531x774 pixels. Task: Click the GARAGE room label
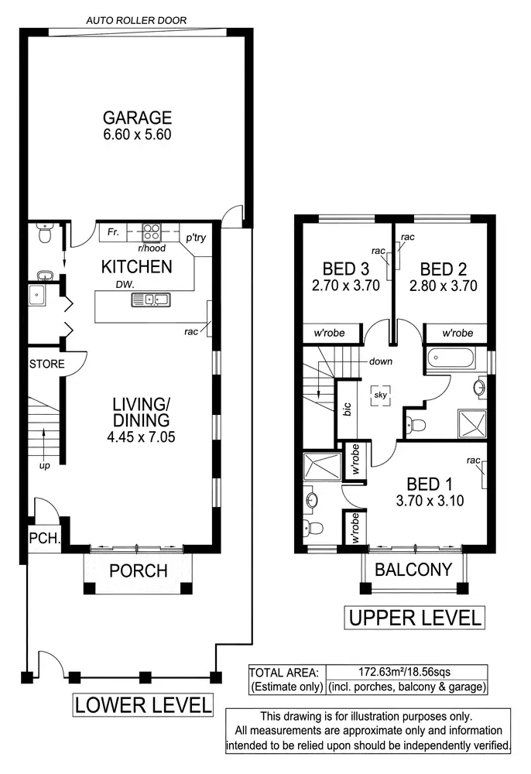point(137,118)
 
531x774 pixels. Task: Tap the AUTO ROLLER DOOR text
point(136,20)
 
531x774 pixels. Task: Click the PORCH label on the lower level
point(138,571)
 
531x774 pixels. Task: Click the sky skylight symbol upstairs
point(379,394)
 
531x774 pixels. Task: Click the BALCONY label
point(413,570)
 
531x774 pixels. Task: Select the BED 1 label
point(428,484)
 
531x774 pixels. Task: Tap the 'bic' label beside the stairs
point(346,410)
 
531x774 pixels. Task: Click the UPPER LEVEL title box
point(414,618)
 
